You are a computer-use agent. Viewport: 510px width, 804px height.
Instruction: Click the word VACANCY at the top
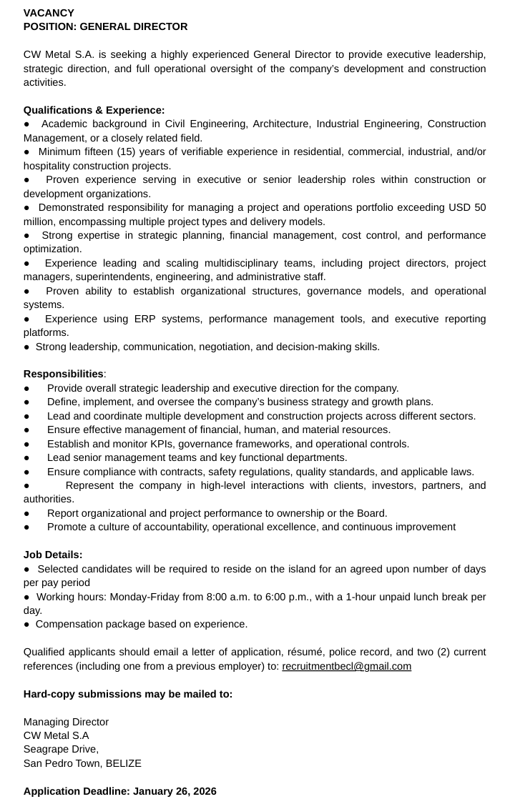pos(49,13)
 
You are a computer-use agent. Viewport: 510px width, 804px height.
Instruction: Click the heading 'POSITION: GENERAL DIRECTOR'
pos(106,26)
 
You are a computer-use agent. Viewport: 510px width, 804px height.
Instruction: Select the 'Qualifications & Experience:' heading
pos(94,110)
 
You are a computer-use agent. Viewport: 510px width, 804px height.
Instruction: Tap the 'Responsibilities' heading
pos(64,374)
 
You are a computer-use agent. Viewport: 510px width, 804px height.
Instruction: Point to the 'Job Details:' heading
pos(53,555)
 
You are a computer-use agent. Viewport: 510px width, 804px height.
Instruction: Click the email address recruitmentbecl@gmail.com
pos(347,666)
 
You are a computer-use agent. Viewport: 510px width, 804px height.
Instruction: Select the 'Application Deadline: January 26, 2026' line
pos(120,791)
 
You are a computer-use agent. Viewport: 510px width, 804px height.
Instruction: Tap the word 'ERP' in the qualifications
pos(147,319)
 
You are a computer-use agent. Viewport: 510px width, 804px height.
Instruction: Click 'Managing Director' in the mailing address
pos(66,722)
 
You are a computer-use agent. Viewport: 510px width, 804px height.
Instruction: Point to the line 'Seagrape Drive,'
pos(62,749)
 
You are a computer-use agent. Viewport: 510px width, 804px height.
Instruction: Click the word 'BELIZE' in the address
pos(124,763)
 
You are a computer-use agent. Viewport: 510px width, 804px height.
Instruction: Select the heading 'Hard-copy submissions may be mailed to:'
pos(128,694)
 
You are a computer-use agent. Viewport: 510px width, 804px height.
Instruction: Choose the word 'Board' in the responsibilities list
pos(371,513)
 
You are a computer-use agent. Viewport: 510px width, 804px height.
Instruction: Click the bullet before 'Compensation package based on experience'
pos(26,625)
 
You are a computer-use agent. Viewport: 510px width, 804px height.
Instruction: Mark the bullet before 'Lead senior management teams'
pos(26,457)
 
